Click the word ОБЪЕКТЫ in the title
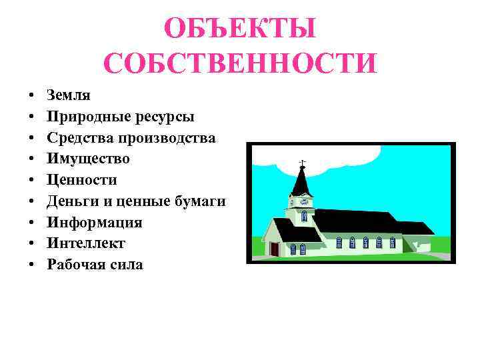tap(240, 30)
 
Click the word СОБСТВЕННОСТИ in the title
tap(240, 63)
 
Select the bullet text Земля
tap(69, 95)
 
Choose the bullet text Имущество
tap(89, 159)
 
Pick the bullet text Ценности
tap(82, 180)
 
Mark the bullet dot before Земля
tap(31, 96)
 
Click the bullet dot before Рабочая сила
tap(31, 265)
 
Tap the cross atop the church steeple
tap(302, 163)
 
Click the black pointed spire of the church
tap(302, 180)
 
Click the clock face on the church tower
tap(303, 200)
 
